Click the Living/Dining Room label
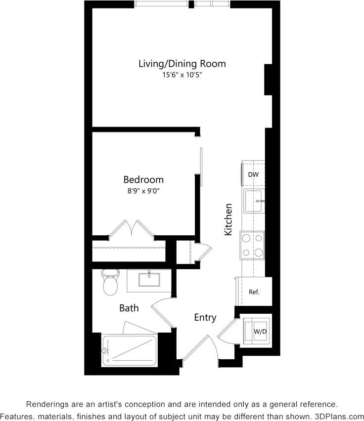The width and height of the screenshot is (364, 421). (x=182, y=64)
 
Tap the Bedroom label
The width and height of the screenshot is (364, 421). (x=143, y=179)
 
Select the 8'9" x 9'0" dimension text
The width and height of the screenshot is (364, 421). (x=143, y=190)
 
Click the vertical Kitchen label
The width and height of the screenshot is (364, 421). (x=228, y=219)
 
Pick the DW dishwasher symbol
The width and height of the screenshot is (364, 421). (x=253, y=174)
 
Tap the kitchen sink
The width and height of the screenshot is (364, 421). (x=254, y=201)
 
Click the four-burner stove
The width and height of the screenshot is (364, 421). (x=252, y=245)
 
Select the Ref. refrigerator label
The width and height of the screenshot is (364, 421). (x=254, y=292)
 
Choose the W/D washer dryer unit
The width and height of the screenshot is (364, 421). (x=258, y=331)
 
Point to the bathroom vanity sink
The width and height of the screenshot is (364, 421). (x=149, y=280)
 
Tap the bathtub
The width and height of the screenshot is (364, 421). (x=130, y=351)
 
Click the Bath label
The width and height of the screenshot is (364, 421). (x=129, y=308)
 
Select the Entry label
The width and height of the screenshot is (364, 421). (x=205, y=317)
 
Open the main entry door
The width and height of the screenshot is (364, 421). (x=196, y=348)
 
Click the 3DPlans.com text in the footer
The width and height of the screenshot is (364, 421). (x=339, y=416)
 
